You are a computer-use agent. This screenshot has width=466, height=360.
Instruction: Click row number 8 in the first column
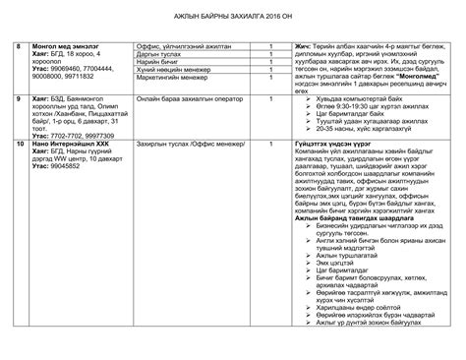pyautogui.click(x=18, y=47)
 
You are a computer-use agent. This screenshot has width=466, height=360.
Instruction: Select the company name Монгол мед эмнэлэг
pyautogui.click(x=66, y=47)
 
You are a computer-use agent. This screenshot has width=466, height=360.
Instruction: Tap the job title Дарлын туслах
pyautogui.click(x=163, y=57)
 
